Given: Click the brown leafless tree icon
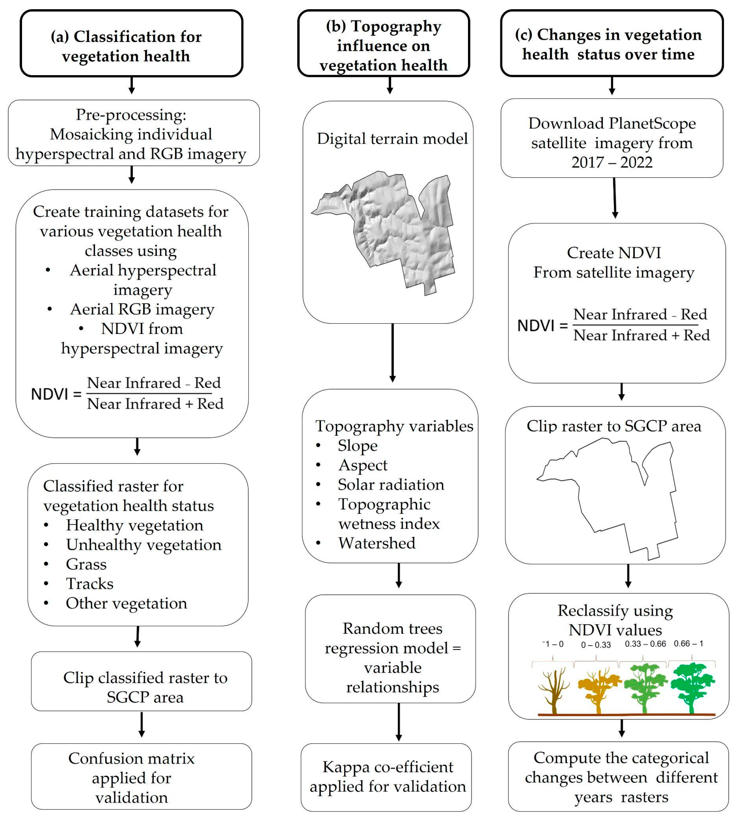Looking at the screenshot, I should point(553,690).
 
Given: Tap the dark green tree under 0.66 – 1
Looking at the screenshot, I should point(692,686).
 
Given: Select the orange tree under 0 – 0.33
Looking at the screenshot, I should point(599,689).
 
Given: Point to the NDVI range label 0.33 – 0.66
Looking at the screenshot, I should point(645,644).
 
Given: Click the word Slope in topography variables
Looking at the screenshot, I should point(357,446).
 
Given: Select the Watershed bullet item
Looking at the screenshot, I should point(377,543).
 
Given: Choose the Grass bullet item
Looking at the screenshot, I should point(86,564).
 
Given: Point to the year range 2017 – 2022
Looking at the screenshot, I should point(612,162).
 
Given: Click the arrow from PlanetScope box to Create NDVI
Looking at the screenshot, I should point(615,199).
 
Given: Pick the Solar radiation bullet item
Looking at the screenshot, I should point(390,485).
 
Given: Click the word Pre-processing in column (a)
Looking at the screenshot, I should point(131,115).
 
